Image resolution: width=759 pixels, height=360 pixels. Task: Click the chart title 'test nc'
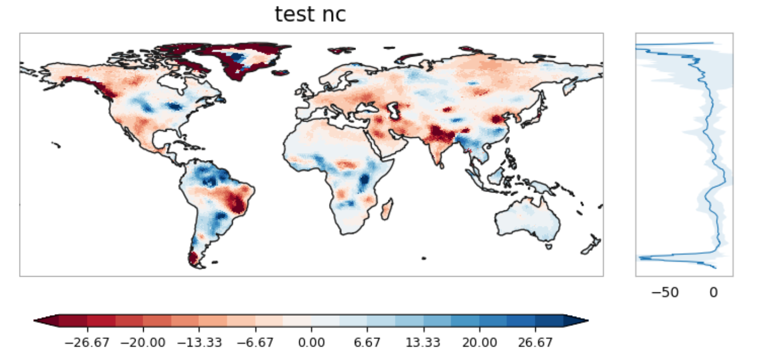[x=310, y=15]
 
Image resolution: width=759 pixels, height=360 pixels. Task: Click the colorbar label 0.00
[x=311, y=342]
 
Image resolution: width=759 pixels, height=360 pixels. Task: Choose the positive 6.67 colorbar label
[x=367, y=342]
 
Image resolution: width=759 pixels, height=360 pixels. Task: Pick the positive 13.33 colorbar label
[x=424, y=342]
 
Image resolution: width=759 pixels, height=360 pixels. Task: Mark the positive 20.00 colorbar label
[x=480, y=342]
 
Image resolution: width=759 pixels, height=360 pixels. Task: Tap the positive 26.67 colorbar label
[x=535, y=342]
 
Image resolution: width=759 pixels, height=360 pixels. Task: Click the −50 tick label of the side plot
[x=665, y=292]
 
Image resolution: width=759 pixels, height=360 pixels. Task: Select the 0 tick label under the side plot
[x=713, y=292]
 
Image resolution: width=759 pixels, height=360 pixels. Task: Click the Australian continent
[x=527, y=219]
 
